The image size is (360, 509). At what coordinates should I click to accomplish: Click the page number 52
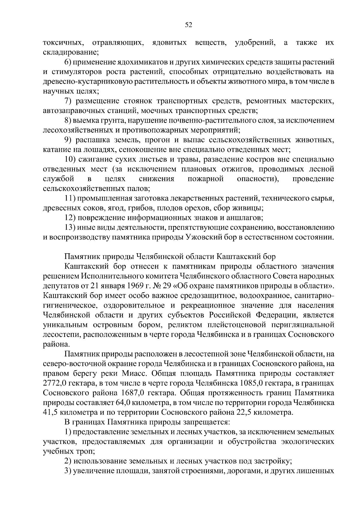pos(188,25)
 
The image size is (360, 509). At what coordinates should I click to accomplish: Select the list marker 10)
pos(71,160)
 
